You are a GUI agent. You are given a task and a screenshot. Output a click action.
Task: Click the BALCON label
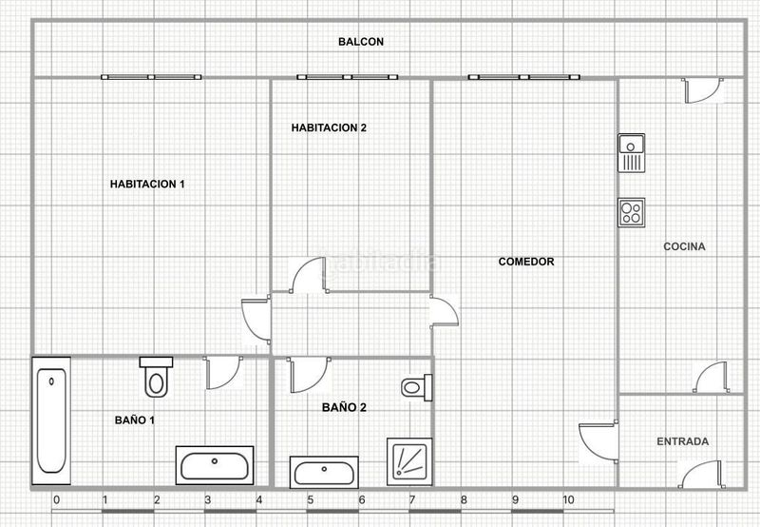coord(361,42)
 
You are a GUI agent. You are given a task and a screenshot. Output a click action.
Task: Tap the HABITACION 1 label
coord(147,184)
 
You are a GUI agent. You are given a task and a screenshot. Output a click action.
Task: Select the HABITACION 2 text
coord(329,127)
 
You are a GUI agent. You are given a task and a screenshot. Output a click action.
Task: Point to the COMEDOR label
coord(526,262)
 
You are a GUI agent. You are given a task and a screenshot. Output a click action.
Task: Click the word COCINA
coord(684,246)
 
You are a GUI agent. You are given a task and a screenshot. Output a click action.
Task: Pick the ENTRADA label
coord(682,441)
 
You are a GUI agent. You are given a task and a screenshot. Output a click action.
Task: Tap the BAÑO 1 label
coord(135,420)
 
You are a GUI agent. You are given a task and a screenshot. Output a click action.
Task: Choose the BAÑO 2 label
coord(344,407)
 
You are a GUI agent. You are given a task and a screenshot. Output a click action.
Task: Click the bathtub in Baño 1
coord(51,420)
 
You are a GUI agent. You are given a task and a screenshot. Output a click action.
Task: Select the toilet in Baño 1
coord(156,377)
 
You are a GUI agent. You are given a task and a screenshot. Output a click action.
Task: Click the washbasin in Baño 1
coord(215,465)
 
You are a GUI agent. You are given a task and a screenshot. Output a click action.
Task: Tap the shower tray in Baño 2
coord(409,461)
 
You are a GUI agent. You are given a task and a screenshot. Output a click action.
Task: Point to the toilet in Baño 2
coord(417,388)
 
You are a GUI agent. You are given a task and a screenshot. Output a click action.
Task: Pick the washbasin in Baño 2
coord(324,472)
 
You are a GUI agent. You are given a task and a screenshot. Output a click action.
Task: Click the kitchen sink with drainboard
coord(632,153)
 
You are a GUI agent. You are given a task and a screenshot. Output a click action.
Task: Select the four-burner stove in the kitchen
coord(632,212)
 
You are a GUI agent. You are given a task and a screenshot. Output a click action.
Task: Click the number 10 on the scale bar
coord(568,499)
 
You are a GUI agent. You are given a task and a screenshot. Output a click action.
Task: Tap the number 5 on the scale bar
coord(311,499)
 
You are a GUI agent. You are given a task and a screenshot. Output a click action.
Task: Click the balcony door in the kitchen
coord(703,90)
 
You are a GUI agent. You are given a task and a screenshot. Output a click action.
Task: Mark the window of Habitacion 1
coord(151,77)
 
